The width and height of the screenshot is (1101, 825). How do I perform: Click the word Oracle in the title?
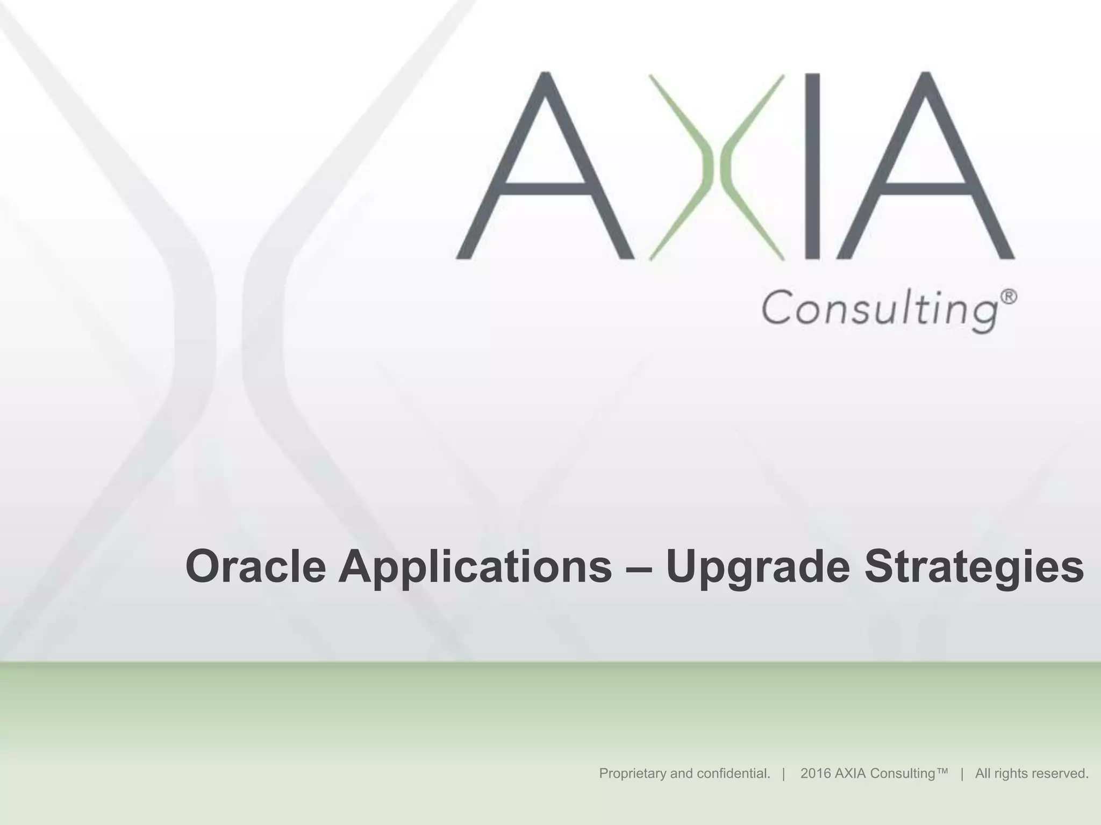[255, 568]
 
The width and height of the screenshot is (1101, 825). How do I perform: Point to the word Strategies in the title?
[974, 568]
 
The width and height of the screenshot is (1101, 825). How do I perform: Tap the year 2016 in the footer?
[814, 773]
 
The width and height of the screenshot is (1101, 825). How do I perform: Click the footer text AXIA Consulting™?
[874, 773]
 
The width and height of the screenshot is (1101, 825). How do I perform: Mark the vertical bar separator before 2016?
[784, 773]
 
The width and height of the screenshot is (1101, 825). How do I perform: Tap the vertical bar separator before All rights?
[961, 773]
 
